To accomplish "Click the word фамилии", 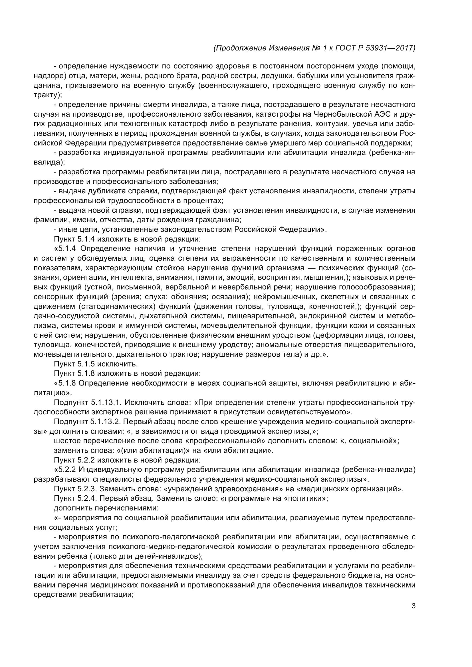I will tap(48, 220).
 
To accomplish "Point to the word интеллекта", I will tap(130, 277).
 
